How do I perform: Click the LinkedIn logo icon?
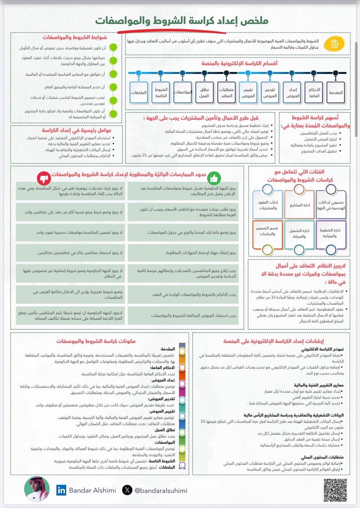point(61,490)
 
